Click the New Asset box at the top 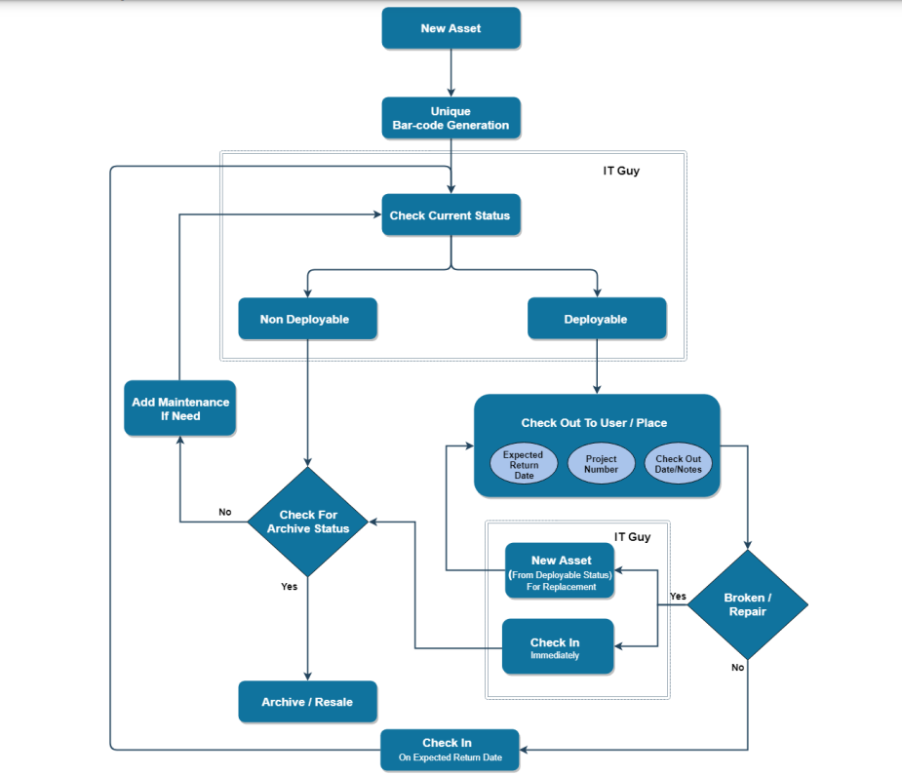451,28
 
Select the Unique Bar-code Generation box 451,118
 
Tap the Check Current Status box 450,215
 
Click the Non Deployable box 304,319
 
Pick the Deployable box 596,319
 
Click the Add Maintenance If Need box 180,408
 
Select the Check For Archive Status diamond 308,522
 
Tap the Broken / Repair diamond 748,604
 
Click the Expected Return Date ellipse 524,464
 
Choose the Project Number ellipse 601,464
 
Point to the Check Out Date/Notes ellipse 678,464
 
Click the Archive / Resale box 307,702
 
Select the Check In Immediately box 557,647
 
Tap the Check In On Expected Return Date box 450,750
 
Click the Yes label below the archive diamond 289,587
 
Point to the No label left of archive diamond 225,512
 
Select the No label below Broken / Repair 737,668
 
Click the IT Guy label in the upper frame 621,171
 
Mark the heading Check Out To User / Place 594,423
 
